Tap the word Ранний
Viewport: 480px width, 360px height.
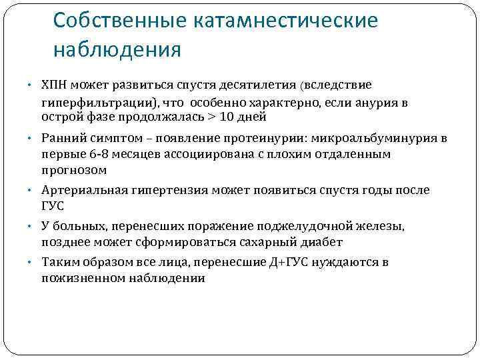pos(63,138)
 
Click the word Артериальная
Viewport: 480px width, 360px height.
pos(81,191)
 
